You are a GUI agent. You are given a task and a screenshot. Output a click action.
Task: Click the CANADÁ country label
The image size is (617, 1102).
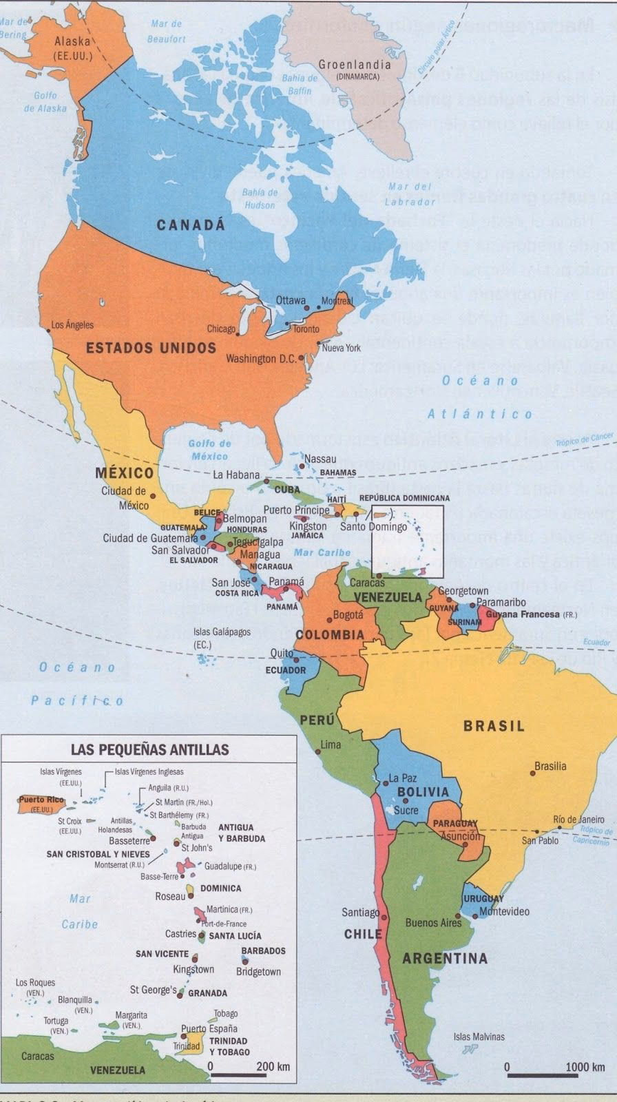pyautogui.click(x=191, y=225)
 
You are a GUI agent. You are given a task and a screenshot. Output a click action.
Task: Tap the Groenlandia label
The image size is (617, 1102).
pyautogui.click(x=354, y=65)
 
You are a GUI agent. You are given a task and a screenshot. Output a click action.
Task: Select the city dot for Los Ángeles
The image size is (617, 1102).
pyautogui.click(x=49, y=331)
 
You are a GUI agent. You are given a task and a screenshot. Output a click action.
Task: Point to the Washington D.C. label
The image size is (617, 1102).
pyautogui.click(x=261, y=359)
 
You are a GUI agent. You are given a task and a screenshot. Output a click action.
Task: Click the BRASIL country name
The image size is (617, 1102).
pyautogui.click(x=494, y=725)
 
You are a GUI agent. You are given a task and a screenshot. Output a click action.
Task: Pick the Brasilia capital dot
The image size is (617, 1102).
pyautogui.click(x=532, y=773)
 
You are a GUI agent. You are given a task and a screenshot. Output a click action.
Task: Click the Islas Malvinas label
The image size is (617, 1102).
pyautogui.click(x=479, y=1037)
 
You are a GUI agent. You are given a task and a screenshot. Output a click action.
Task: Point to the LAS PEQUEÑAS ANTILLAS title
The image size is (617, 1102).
pyautogui.click(x=149, y=749)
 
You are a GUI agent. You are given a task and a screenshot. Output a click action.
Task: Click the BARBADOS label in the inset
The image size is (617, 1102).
pyautogui.click(x=263, y=950)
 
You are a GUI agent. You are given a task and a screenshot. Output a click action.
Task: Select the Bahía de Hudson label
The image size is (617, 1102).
pyautogui.click(x=260, y=198)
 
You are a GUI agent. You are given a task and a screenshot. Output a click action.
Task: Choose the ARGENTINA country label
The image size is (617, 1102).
pyautogui.click(x=445, y=958)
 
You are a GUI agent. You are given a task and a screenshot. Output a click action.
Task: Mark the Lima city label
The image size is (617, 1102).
pyautogui.click(x=331, y=745)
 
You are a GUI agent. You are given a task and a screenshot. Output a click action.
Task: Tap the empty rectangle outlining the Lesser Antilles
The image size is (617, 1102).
pyautogui.click(x=407, y=541)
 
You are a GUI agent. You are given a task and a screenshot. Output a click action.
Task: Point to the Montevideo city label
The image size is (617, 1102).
pyautogui.click(x=504, y=911)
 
